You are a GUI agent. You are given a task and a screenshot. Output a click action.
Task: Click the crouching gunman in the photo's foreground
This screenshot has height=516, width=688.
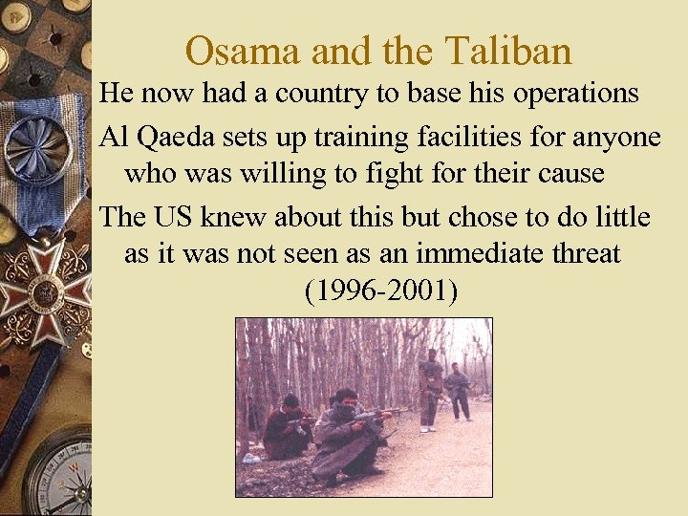pyautogui.click(x=346, y=435)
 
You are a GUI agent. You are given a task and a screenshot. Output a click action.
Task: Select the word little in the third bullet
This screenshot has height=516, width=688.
pyautogui.click(x=621, y=217)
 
